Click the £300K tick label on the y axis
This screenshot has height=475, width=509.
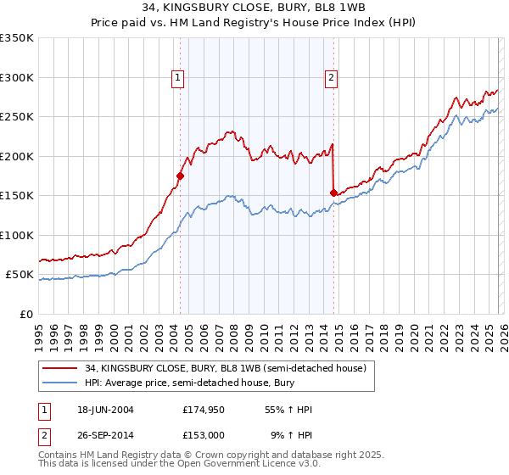coord(17,77)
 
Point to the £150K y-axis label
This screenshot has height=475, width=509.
coord(17,196)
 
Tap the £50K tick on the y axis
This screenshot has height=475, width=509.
coord(20,275)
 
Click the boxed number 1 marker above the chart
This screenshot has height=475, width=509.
coord(178,78)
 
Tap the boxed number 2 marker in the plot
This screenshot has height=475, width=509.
coord(330,78)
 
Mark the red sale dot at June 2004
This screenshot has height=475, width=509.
coord(180,176)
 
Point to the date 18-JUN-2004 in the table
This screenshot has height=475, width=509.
coord(104,411)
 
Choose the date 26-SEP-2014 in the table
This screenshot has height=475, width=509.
coord(104,434)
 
